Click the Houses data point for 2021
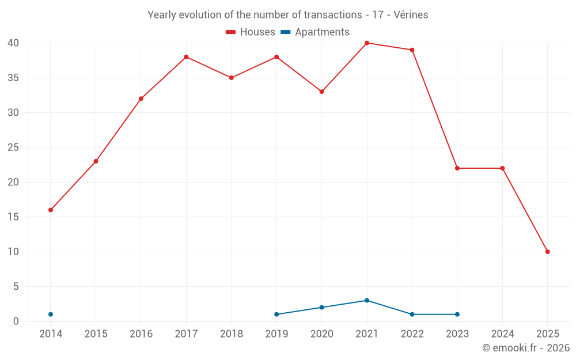click(367, 43)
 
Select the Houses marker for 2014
click(51, 210)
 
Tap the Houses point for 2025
click(547, 252)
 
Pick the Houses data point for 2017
click(186, 57)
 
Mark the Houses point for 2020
click(321, 92)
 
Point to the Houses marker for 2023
click(457, 168)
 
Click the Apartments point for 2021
click(367, 301)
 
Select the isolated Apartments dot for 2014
click(51, 314)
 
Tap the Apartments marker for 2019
click(276, 314)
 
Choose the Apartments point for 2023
click(457, 314)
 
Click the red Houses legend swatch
click(231, 32)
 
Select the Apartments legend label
click(322, 32)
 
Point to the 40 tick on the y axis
click(13, 43)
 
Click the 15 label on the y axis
click(13, 217)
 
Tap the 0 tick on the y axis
click(16, 321)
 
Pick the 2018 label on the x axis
click(231, 334)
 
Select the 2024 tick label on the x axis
click(502, 334)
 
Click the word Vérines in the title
click(410, 15)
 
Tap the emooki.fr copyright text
click(525, 348)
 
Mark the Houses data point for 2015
click(96, 161)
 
